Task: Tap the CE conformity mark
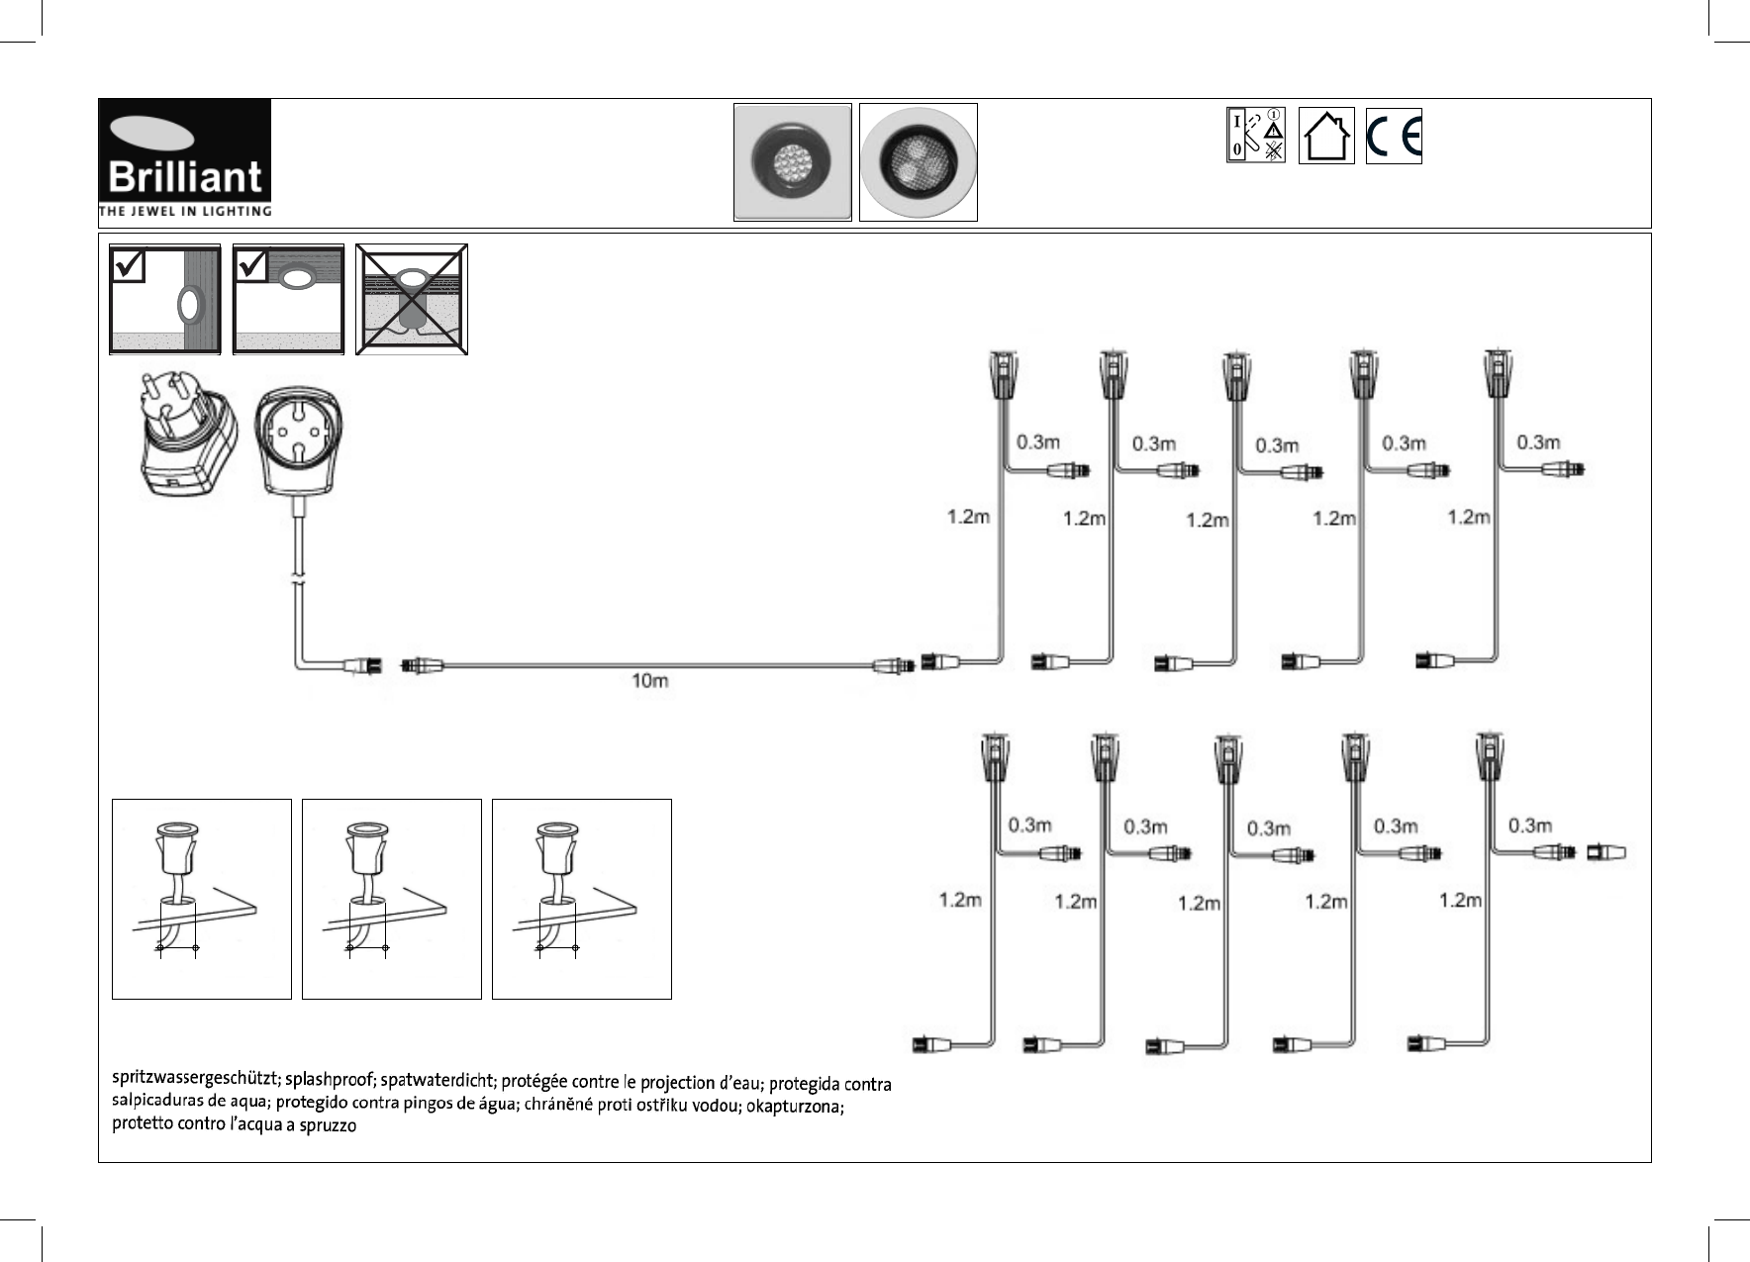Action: click(1394, 137)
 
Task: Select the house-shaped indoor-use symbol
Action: click(1325, 137)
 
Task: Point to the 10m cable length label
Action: click(649, 683)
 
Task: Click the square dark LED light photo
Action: click(792, 161)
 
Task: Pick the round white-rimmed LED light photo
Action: click(918, 161)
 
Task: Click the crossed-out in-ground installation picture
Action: click(412, 300)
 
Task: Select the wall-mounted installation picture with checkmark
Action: click(163, 300)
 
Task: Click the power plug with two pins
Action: click(186, 436)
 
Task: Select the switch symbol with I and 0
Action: click(1256, 137)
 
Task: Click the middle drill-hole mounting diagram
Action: click(391, 899)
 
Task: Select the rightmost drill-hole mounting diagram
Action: click(581, 899)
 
